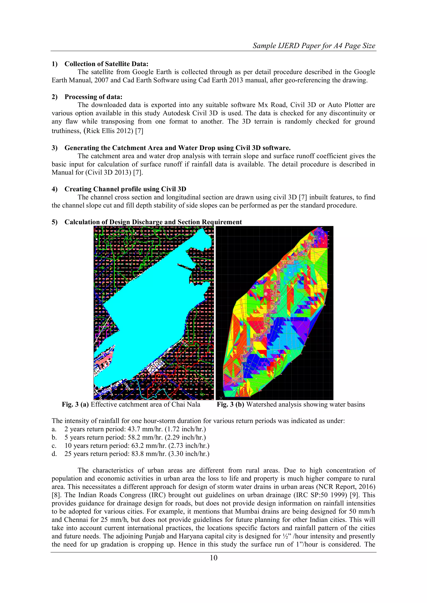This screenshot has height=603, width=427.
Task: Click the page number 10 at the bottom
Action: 213,558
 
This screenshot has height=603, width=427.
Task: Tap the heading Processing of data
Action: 93,97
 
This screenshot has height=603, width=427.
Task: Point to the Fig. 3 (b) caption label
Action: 230,404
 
